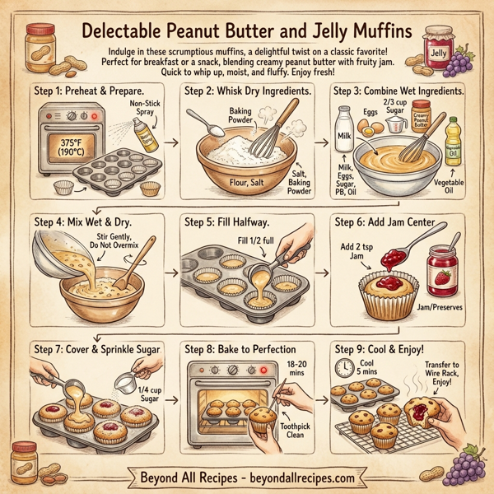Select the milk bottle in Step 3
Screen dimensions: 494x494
point(343,128)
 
